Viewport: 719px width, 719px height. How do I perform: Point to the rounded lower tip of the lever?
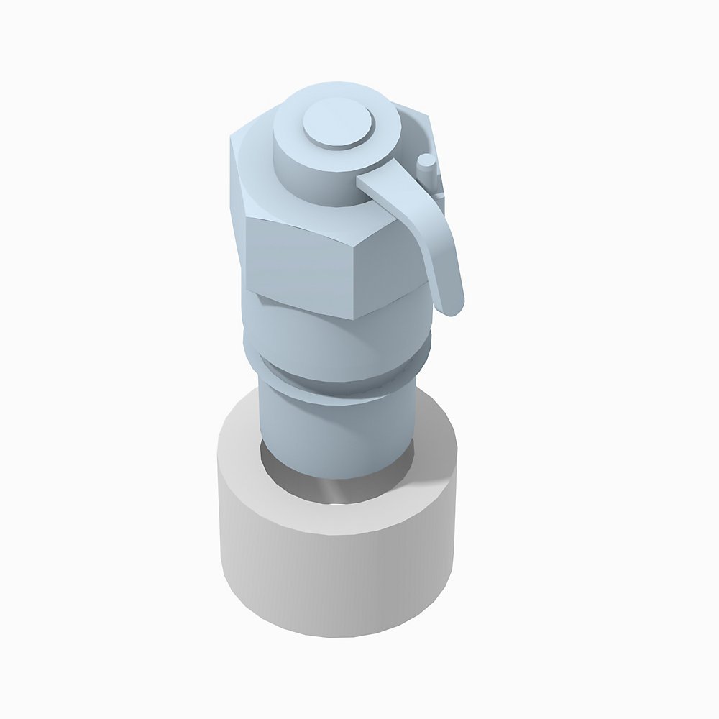pyautogui.click(x=452, y=306)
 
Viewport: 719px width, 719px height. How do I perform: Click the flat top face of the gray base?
pyautogui.click(x=244, y=460)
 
